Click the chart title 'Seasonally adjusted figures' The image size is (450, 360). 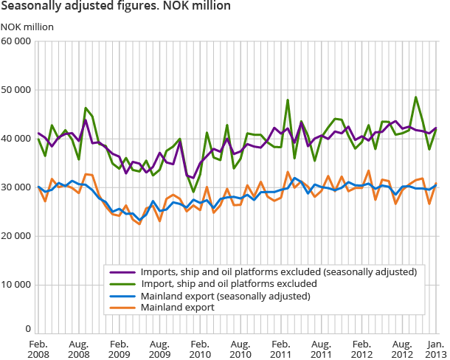116,7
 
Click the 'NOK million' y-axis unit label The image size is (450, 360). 27,27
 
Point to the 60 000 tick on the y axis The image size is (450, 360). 16,41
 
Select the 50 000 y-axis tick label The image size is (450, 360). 16,90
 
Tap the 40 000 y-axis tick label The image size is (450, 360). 16,139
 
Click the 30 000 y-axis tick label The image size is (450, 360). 16,187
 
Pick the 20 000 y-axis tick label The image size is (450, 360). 16,236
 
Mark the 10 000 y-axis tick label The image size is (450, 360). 16,285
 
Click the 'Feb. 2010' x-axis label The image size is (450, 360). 198,349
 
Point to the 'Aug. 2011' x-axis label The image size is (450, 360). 319,349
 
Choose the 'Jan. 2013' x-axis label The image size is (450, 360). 435,349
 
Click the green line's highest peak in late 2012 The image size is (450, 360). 416,97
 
